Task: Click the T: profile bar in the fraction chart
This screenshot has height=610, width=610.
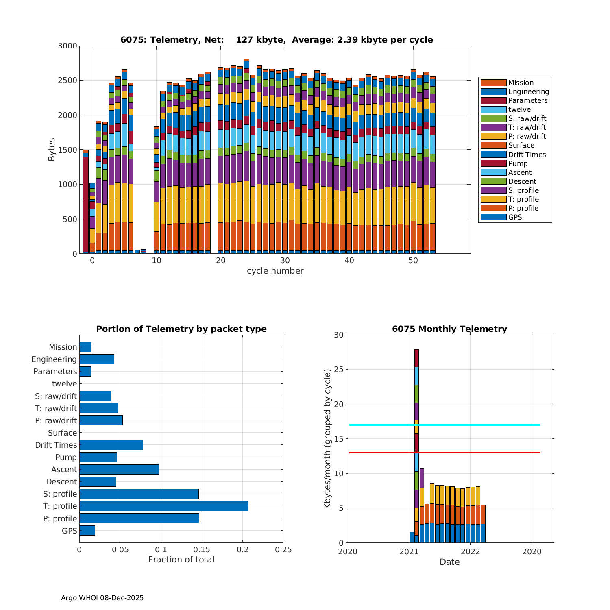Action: click(163, 506)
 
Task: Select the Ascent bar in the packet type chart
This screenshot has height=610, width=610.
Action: click(119, 469)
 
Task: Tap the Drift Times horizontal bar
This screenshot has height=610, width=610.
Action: click(111, 445)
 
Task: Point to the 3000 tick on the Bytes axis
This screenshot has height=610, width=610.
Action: click(68, 46)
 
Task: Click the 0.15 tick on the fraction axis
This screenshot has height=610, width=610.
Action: click(202, 550)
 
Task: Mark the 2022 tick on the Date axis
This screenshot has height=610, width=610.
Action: click(471, 551)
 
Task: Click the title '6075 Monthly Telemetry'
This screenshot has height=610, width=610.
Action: click(449, 329)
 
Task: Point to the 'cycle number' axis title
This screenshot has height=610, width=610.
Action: click(275, 271)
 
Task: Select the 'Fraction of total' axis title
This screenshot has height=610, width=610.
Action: click(181, 560)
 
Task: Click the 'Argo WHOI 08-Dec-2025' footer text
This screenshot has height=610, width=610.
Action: click(102, 598)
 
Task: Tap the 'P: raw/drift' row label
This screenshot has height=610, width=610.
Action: click(56, 420)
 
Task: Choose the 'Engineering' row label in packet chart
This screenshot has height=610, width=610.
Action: click(54, 359)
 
